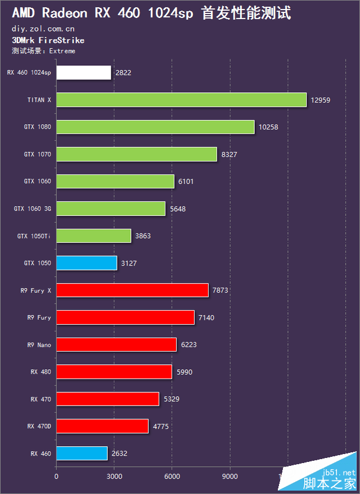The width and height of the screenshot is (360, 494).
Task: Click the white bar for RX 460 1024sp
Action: coord(84,73)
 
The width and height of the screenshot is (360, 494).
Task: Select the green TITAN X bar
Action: coord(181,100)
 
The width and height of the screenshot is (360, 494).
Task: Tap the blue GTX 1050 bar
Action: coord(87,263)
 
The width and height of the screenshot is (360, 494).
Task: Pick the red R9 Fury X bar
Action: coord(132,290)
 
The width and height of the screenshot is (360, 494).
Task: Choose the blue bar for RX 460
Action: coord(82,453)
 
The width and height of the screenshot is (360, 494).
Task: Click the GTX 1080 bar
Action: coord(155,127)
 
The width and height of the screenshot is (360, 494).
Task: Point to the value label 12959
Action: coord(321,100)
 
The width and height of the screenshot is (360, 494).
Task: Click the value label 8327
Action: coord(229,155)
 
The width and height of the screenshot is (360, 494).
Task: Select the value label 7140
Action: coord(206,318)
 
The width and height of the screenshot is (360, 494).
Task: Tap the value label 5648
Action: coord(178,209)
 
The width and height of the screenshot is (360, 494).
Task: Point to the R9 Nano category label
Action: coord(39,345)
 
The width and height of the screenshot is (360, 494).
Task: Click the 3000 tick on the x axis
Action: coord(114,476)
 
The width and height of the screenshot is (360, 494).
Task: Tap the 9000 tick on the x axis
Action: coord(230,476)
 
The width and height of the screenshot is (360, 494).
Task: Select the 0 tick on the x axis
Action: coord(56,476)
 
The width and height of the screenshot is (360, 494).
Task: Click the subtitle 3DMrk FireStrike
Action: coord(48,41)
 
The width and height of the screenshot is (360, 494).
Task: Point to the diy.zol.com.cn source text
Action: coord(43,28)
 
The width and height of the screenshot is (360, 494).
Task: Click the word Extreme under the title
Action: coord(62,51)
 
